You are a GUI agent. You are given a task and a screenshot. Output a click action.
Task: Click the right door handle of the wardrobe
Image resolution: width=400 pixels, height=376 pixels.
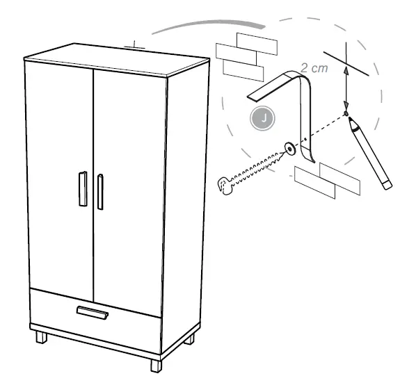pyautogui.click(x=100, y=191)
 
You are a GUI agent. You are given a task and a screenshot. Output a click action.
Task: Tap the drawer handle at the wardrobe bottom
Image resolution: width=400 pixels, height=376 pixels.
pyautogui.click(x=92, y=313)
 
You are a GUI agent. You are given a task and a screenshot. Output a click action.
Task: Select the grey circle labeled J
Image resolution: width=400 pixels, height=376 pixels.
pyautogui.click(x=263, y=119)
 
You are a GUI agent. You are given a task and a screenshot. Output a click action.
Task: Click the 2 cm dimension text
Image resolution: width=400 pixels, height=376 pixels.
pyautogui.click(x=314, y=69)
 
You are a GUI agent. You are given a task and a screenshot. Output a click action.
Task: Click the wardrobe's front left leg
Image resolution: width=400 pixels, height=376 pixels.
pyautogui.click(x=41, y=338)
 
